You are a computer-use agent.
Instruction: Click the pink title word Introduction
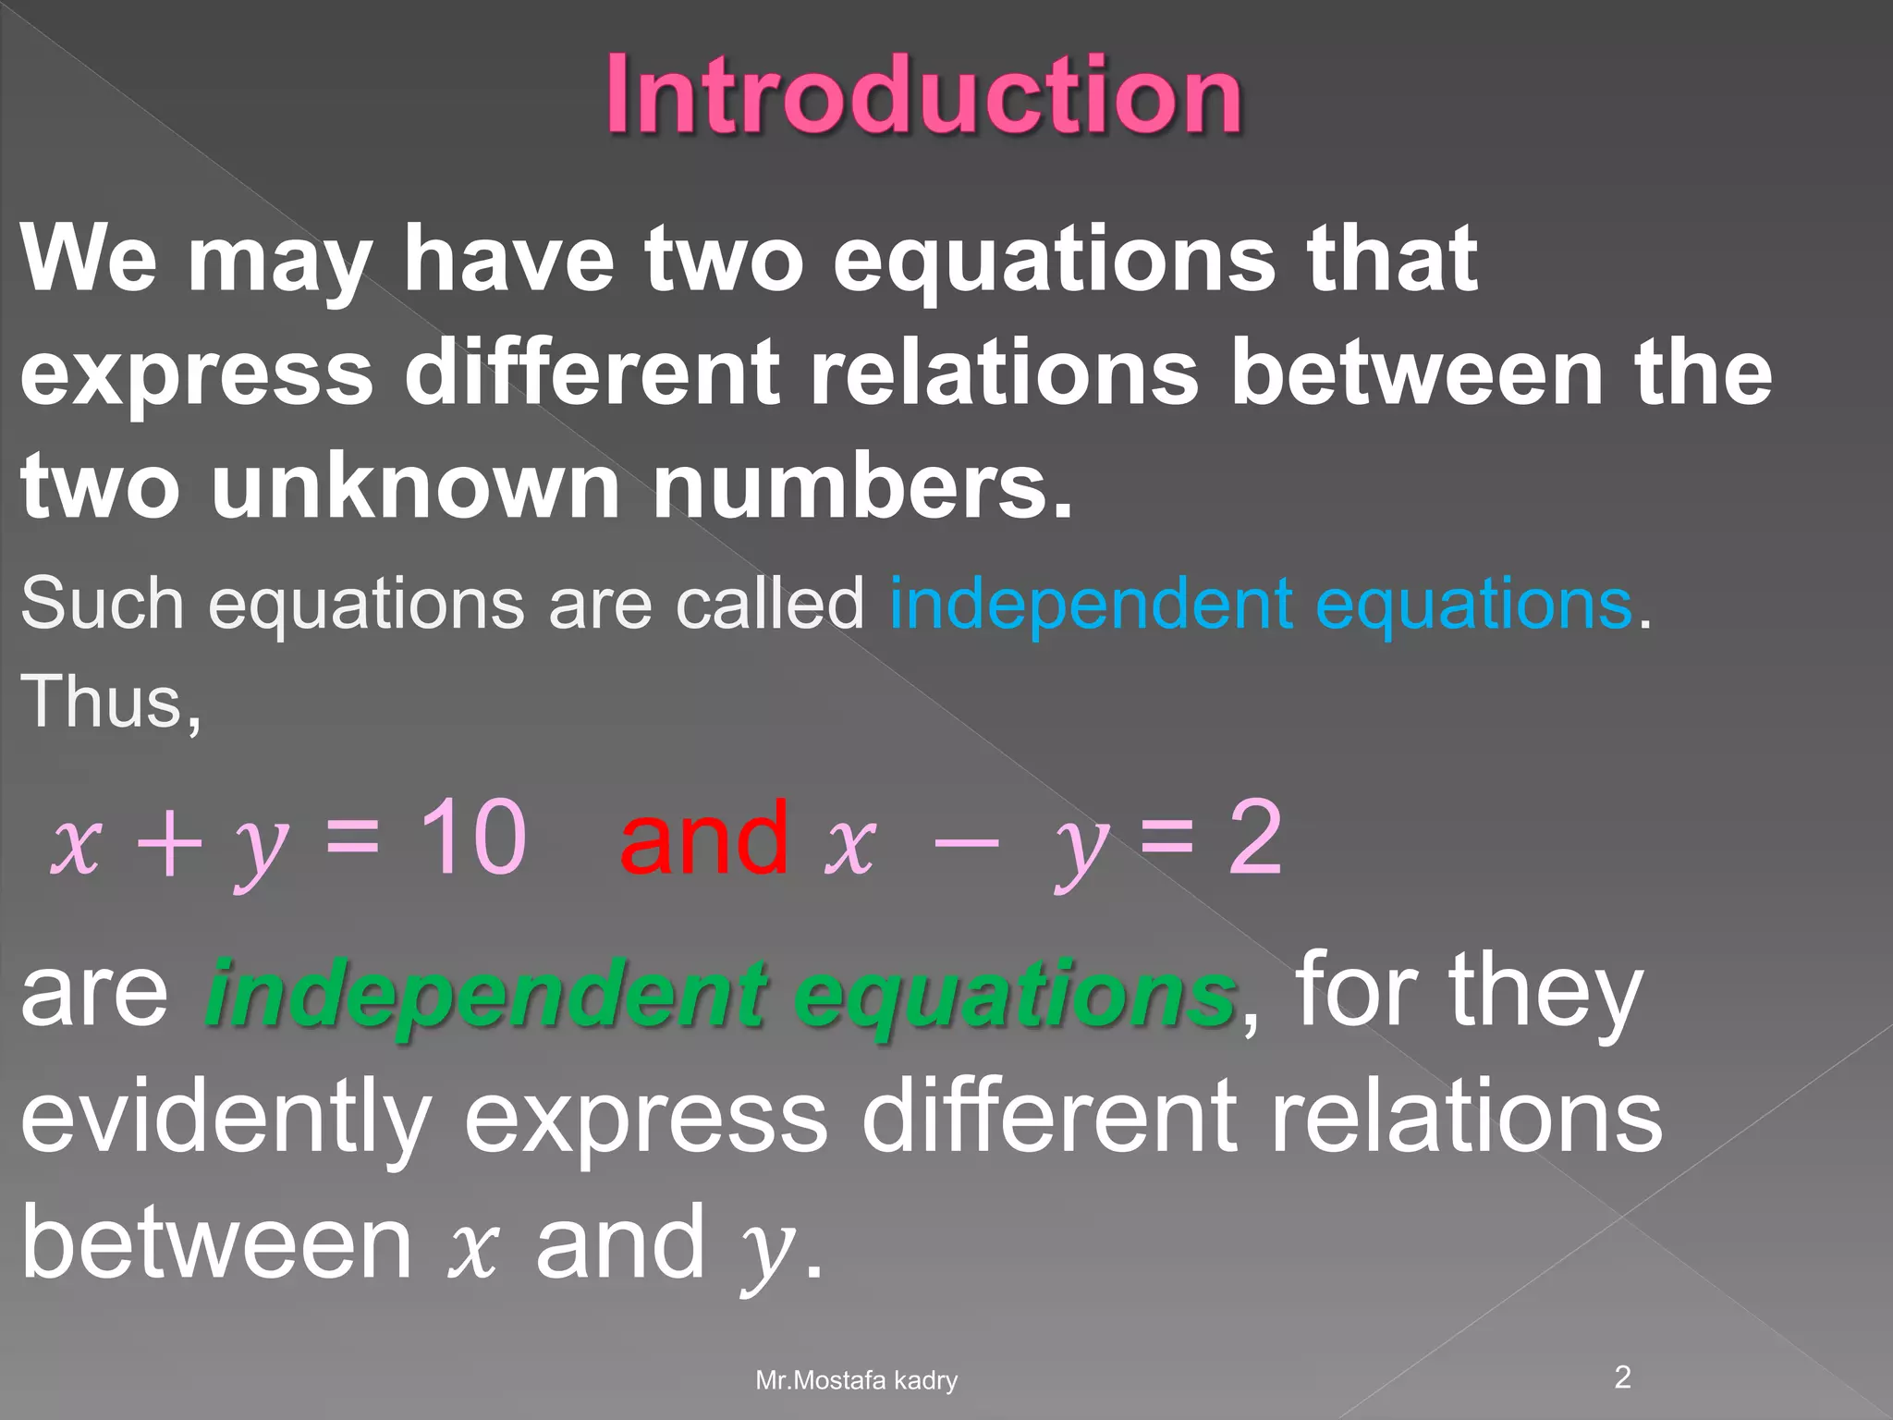[x=924, y=95]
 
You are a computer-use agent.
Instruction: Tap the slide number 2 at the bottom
[x=1622, y=1377]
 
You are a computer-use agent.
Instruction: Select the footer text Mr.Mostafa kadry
[x=856, y=1381]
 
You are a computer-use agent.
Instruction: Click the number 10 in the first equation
[x=471, y=838]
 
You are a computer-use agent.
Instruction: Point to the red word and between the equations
[x=704, y=838]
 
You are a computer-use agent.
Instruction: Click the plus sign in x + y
[x=168, y=843]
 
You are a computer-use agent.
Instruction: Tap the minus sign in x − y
[x=966, y=843]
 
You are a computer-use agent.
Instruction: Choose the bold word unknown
[x=415, y=485]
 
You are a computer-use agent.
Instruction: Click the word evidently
[x=226, y=1119]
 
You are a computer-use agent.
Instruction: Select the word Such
[x=103, y=604]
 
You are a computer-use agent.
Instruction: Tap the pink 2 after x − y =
[x=1254, y=838]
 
